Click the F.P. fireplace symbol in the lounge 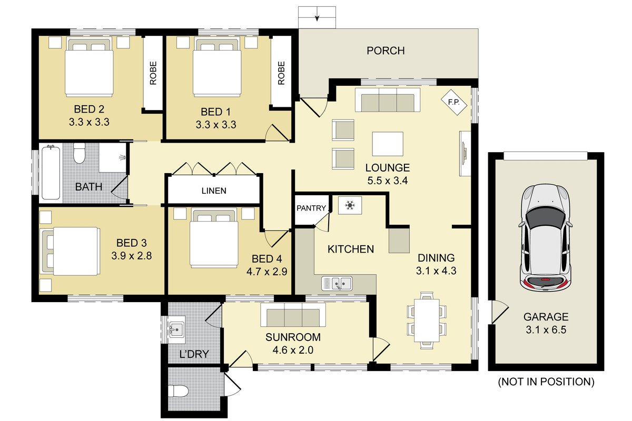pyautogui.click(x=453, y=102)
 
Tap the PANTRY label pyautogui.click(x=311, y=208)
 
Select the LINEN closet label pyautogui.click(x=214, y=191)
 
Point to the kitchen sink pyautogui.click(x=337, y=283)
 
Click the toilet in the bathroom pyautogui.click(x=79, y=153)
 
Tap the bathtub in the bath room pyautogui.click(x=51, y=173)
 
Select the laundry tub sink pyautogui.click(x=176, y=329)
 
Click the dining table pyautogui.click(x=427, y=320)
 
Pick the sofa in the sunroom pyautogui.click(x=293, y=315)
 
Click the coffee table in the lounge pyautogui.click(x=388, y=144)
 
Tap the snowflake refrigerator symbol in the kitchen pyautogui.click(x=350, y=205)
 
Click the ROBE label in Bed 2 pyautogui.click(x=153, y=73)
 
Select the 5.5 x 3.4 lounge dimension pyautogui.click(x=388, y=181)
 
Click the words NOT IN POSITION pyautogui.click(x=546, y=382)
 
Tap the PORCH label pyautogui.click(x=386, y=51)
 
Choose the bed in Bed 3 pyautogui.click(x=71, y=251)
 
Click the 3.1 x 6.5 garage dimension pyautogui.click(x=546, y=329)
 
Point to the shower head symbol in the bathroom pyautogui.click(x=122, y=157)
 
